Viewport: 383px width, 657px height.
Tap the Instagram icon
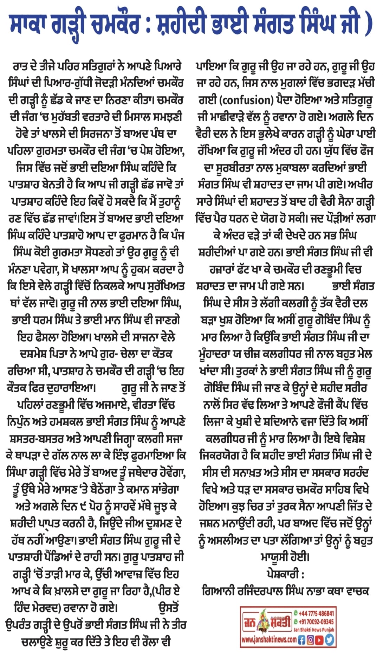pos(311,639)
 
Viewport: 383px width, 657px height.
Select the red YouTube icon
pos(319,639)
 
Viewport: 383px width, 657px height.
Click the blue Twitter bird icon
pos(329,639)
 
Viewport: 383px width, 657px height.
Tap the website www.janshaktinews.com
pos(269,640)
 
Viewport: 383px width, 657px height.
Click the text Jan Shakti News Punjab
pos(314,630)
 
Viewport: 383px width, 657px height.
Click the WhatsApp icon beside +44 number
pos(296,613)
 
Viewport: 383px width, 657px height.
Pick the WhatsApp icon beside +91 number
pos(296,621)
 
